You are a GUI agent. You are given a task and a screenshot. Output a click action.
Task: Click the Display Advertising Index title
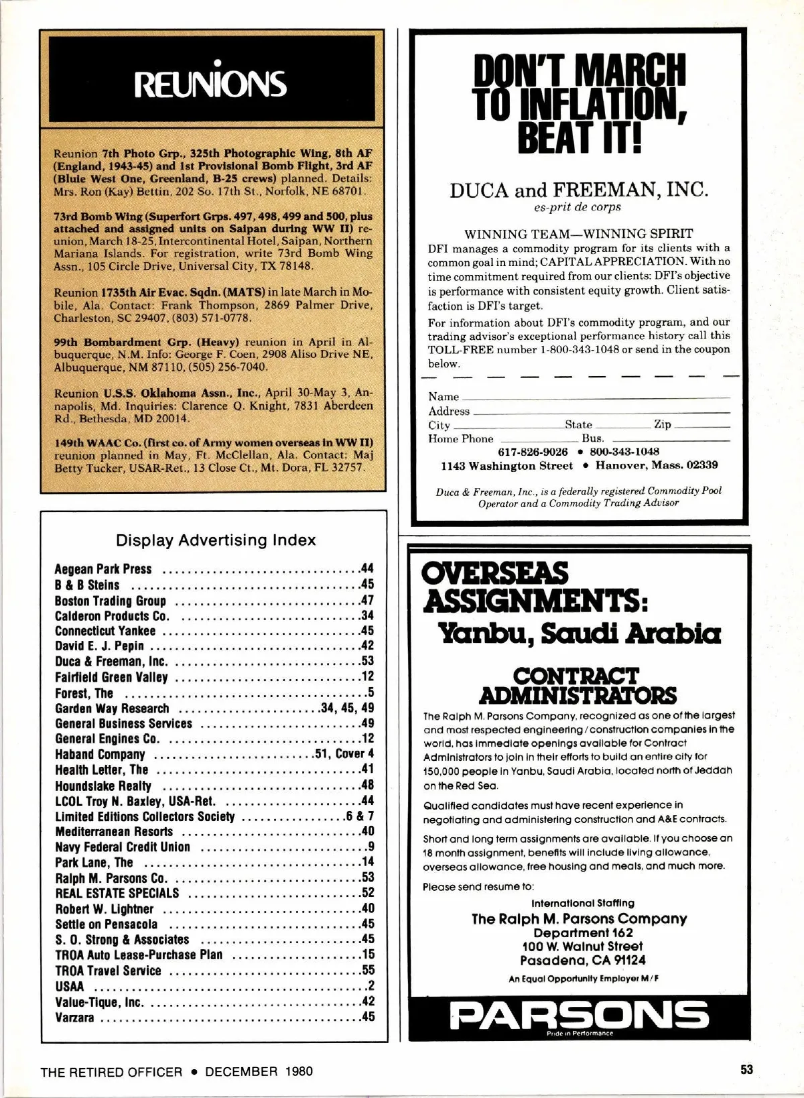[x=216, y=540]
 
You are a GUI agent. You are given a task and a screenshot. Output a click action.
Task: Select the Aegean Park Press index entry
[x=103, y=569]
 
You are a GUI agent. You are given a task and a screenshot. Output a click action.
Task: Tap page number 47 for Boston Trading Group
[x=366, y=600]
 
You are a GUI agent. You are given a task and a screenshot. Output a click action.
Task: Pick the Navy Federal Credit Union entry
[x=123, y=847]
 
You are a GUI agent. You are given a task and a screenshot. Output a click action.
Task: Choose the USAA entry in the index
[x=70, y=987]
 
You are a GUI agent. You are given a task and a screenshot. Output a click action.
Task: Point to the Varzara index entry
[x=74, y=1018]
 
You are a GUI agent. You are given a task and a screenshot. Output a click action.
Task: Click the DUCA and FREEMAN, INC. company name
[x=578, y=190]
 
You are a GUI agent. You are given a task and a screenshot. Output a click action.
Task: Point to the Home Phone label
[x=460, y=439]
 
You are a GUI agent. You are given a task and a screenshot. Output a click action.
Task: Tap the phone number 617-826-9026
[x=533, y=452]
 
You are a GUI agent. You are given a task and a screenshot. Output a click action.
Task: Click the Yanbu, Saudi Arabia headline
[x=579, y=633]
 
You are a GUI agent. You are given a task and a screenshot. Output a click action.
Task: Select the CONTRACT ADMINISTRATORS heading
[x=578, y=684]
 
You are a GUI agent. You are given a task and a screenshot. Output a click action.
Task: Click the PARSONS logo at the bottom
[x=580, y=1016]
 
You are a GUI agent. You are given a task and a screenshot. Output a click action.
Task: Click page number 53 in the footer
[x=747, y=1069]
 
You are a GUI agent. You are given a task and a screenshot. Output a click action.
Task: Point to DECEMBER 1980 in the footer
[x=259, y=1071]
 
